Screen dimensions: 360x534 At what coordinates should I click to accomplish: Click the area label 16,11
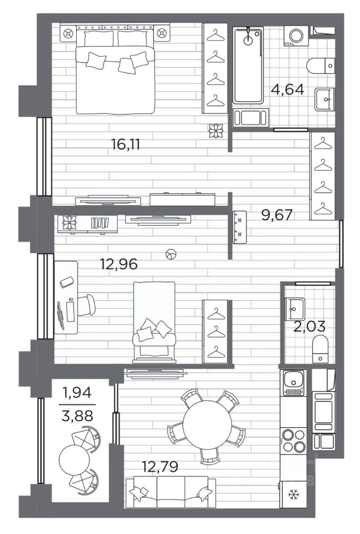coord(126,145)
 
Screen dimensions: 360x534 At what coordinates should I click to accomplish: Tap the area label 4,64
coord(288,90)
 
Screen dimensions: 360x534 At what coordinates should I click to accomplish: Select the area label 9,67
coord(277,215)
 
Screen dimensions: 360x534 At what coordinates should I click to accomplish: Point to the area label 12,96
coord(119,264)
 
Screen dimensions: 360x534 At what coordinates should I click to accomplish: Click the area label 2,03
coord(309,327)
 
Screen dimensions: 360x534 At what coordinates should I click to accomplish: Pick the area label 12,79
coord(160,466)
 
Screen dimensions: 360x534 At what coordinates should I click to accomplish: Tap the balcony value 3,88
coord(77,416)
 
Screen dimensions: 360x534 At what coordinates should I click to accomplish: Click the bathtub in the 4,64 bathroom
coord(248,66)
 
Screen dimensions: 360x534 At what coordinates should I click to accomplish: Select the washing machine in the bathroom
coord(295,36)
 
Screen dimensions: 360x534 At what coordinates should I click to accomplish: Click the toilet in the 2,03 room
coord(320,348)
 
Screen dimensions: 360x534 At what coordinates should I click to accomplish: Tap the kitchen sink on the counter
coord(293,383)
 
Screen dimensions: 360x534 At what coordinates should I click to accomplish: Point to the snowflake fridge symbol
coord(293,494)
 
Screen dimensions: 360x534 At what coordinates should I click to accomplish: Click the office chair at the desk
coord(86,305)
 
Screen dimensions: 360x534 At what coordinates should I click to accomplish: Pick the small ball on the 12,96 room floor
coord(171,254)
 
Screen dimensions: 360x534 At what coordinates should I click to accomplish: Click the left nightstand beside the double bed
coord(68,33)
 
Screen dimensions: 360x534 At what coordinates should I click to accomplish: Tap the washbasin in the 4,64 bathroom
coord(324,100)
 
